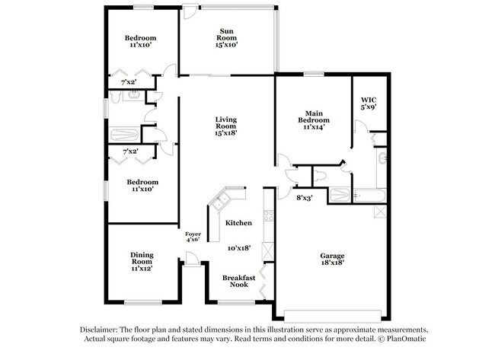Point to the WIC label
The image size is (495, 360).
[369, 100]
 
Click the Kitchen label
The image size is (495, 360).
[239, 223]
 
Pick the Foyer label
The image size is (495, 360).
[193, 233]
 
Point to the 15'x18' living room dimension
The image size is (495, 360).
[226, 132]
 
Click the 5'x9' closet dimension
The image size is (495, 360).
[369, 108]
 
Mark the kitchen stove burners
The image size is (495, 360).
[267, 215]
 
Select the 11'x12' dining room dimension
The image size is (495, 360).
[142, 268]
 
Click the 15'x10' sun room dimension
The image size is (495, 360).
[226, 44]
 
